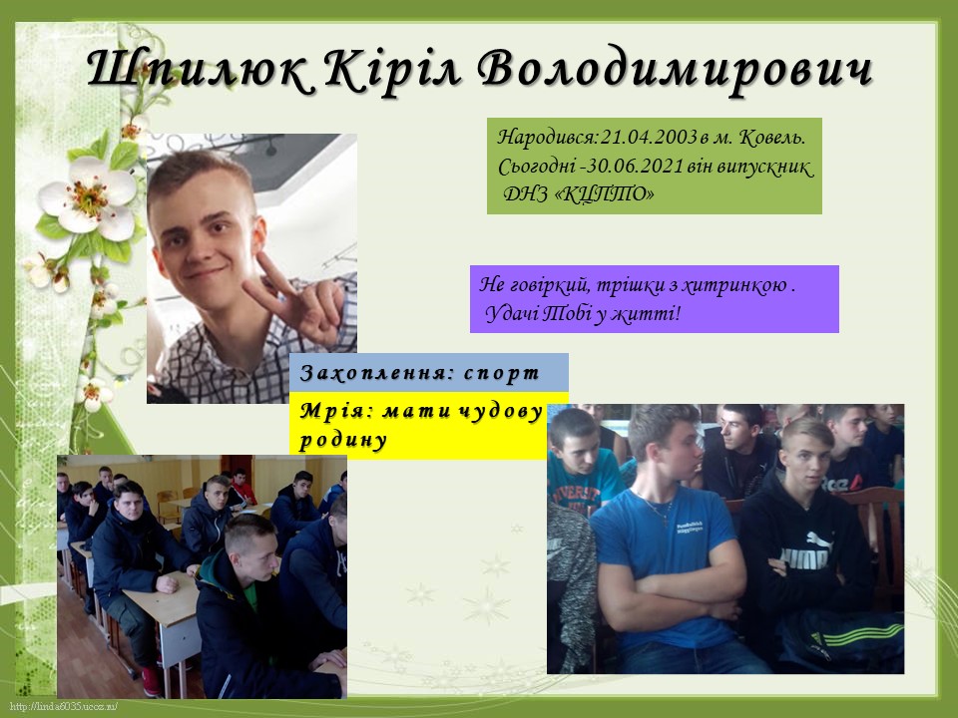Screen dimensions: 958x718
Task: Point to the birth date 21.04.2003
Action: tap(649, 138)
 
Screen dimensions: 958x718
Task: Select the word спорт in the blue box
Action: tap(501, 373)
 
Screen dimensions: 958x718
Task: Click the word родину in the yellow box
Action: tap(343, 440)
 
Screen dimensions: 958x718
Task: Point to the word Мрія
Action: tap(336, 412)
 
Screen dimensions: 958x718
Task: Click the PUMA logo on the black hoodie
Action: tap(804, 552)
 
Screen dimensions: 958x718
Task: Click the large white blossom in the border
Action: tap(87, 197)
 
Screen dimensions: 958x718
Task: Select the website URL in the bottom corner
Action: tap(64, 707)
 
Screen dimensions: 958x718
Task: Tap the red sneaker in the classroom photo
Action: tap(152, 681)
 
